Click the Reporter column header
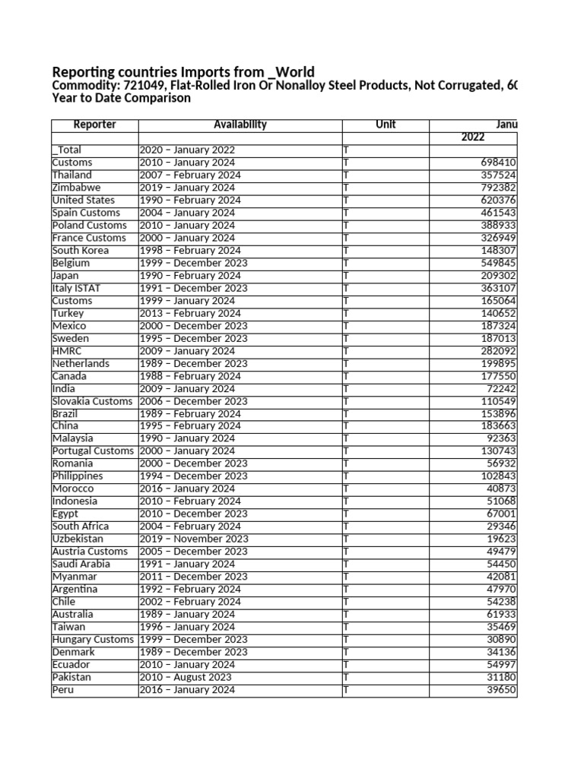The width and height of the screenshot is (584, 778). pos(94,125)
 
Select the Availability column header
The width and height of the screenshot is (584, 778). pos(240,125)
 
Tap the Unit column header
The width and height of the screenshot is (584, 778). pos(386,125)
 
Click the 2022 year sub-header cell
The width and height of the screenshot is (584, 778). pos(472,138)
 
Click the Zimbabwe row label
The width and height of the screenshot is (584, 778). pos(76,188)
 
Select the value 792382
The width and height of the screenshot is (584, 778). pos(499,188)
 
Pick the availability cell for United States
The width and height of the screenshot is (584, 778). pos(189,201)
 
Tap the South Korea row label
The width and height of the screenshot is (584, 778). pos(80,251)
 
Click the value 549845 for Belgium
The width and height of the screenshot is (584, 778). pos(499,263)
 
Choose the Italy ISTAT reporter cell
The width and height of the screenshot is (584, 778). pos(76,288)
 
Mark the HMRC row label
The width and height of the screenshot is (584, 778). pos(66,351)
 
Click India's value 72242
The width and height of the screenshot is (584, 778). pos(501,389)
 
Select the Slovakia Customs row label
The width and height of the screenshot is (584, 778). pos(92,401)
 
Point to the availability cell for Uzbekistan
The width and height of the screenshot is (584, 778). pos(193,539)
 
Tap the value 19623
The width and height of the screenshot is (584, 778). pos(501,539)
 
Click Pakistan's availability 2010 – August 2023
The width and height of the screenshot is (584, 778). pos(186,677)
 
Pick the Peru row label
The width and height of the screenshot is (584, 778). pos(62,690)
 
